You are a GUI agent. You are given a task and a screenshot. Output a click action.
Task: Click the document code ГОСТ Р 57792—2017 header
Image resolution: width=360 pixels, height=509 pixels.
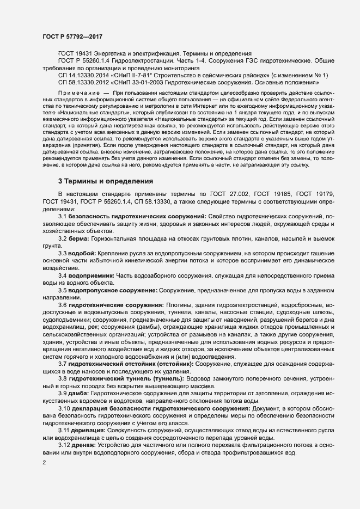pyautogui.click(x=72, y=36)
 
